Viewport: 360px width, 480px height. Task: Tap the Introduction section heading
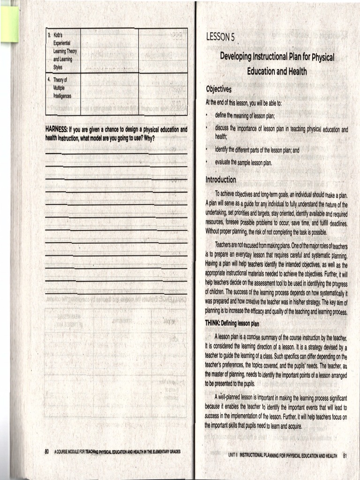click(221, 180)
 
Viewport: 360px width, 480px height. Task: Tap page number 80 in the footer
click(47, 451)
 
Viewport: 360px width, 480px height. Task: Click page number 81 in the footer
click(345, 455)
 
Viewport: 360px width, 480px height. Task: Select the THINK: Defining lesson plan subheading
click(235, 323)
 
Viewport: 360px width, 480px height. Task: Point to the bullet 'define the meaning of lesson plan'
click(245, 115)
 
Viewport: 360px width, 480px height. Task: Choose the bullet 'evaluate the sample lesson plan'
click(243, 162)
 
